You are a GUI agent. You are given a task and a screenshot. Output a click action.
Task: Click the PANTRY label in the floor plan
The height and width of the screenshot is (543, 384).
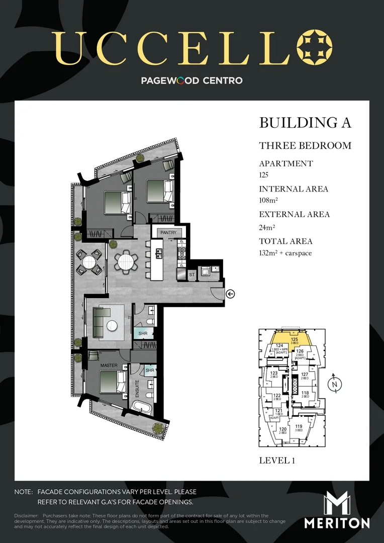[168, 233]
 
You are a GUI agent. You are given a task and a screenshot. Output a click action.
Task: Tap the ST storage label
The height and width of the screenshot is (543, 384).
[192, 275]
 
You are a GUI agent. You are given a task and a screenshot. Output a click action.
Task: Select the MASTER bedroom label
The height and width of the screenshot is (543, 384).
[109, 365]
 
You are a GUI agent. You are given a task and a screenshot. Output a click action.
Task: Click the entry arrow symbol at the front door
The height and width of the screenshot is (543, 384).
[230, 294]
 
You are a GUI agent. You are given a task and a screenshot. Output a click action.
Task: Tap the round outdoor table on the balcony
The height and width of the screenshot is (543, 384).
[89, 262]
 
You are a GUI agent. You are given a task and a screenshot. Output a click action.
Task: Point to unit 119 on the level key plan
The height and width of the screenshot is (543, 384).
[299, 428]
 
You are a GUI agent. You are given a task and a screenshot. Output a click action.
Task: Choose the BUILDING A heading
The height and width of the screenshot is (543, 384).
[305, 123]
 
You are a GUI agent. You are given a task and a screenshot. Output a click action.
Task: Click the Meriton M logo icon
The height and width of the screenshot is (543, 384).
[336, 503]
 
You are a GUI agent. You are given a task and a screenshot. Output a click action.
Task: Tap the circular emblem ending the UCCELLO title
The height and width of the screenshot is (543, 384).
[314, 48]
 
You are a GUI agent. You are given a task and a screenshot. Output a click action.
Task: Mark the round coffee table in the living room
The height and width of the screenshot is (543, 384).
[112, 325]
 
